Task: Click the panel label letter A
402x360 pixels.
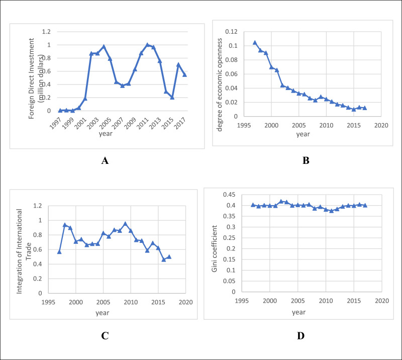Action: pyautogui.click(x=105, y=161)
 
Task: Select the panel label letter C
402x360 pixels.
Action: pyautogui.click(x=105, y=336)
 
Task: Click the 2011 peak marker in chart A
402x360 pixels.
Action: pyautogui.click(x=147, y=45)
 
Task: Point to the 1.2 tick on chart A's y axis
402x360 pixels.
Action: pyautogui.click(x=46, y=32)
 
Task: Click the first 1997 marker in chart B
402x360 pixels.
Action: pyautogui.click(x=255, y=43)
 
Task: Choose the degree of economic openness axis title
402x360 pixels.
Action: pyautogui.click(x=220, y=74)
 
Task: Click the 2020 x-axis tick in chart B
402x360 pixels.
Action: pyautogui.click(x=381, y=124)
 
